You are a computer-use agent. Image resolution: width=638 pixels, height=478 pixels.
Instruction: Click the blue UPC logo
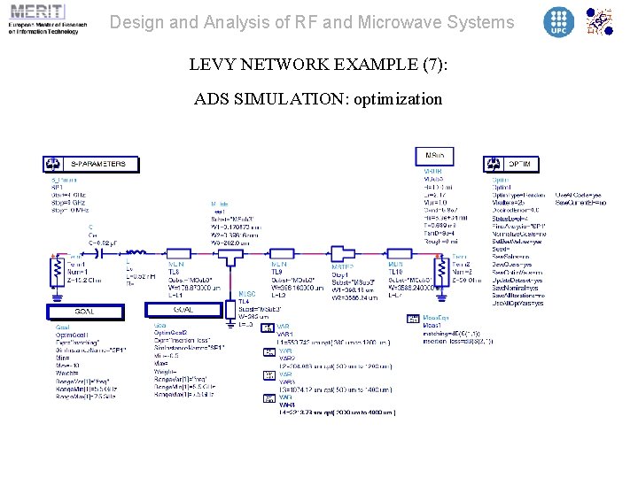[558, 21]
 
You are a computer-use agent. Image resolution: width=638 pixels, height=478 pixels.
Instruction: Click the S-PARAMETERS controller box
[90, 164]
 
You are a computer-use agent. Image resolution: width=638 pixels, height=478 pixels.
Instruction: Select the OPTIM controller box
[505, 164]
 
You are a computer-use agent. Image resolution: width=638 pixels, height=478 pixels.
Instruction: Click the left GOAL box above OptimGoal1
[84, 312]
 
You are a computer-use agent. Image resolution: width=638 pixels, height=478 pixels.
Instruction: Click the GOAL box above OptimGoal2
[182, 309]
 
